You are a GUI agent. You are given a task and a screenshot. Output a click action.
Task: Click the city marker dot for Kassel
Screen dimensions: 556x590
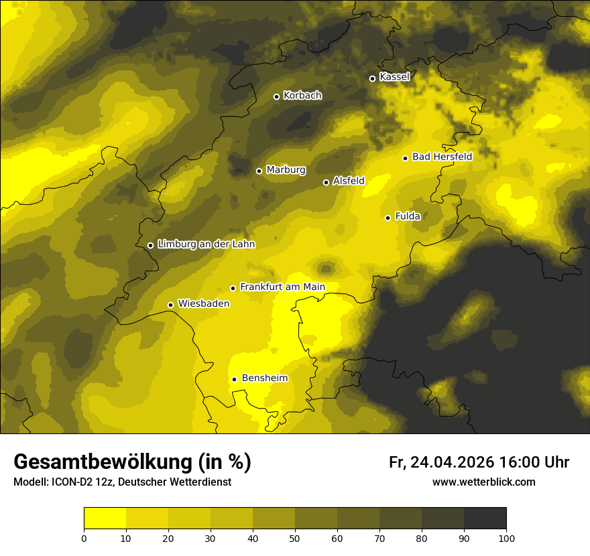tap(372, 78)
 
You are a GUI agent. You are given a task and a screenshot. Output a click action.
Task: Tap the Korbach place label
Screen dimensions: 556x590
tap(302, 96)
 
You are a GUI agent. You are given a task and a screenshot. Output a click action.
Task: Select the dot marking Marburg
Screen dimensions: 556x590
tap(259, 171)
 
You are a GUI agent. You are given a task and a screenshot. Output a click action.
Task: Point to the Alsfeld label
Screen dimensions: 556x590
tap(349, 181)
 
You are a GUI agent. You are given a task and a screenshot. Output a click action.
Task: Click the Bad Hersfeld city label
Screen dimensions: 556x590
tap(442, 157)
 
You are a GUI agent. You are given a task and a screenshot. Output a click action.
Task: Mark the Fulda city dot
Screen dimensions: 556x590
tap(388, 218)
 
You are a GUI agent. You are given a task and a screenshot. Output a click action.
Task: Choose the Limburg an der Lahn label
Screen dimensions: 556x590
tap(206, 245)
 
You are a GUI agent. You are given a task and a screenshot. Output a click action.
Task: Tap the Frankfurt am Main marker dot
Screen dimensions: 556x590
tap(233, 288)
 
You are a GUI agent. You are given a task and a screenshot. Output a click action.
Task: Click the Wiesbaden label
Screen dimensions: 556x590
tap(204, 303)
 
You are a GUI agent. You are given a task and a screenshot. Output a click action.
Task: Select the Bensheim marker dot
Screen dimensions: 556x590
tap(234, 379)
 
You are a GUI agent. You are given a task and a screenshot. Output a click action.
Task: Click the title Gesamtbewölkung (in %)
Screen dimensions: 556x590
tap(132, 462)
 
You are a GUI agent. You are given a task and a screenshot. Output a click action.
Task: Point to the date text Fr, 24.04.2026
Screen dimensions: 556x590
tap(441, 462)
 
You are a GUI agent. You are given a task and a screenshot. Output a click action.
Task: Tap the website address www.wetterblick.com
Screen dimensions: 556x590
tap(483, 482)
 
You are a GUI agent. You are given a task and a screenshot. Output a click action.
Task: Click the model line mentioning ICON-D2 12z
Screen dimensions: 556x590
tap(123, 482)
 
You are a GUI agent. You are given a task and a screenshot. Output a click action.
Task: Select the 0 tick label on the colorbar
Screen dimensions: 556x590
tap(84, 538)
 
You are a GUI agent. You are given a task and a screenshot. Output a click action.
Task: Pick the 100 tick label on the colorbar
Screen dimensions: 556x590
tap(506, 538)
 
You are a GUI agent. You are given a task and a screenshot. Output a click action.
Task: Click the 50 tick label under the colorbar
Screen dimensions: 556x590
tap(295, 538)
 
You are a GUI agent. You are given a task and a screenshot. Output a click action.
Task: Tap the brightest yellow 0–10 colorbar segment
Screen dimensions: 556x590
tap(105, 518)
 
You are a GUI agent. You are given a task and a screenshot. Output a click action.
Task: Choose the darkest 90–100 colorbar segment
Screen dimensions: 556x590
tap(485, 518)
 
